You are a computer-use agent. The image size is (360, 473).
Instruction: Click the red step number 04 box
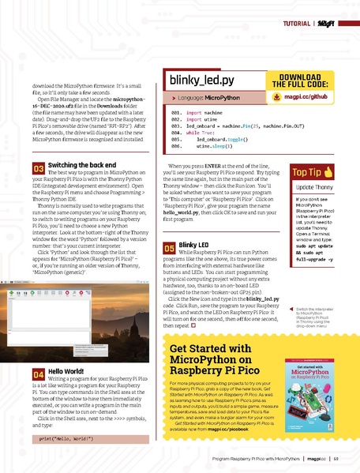click(x=38, y=374)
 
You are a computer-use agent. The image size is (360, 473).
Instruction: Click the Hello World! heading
click(x=69, y=370)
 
